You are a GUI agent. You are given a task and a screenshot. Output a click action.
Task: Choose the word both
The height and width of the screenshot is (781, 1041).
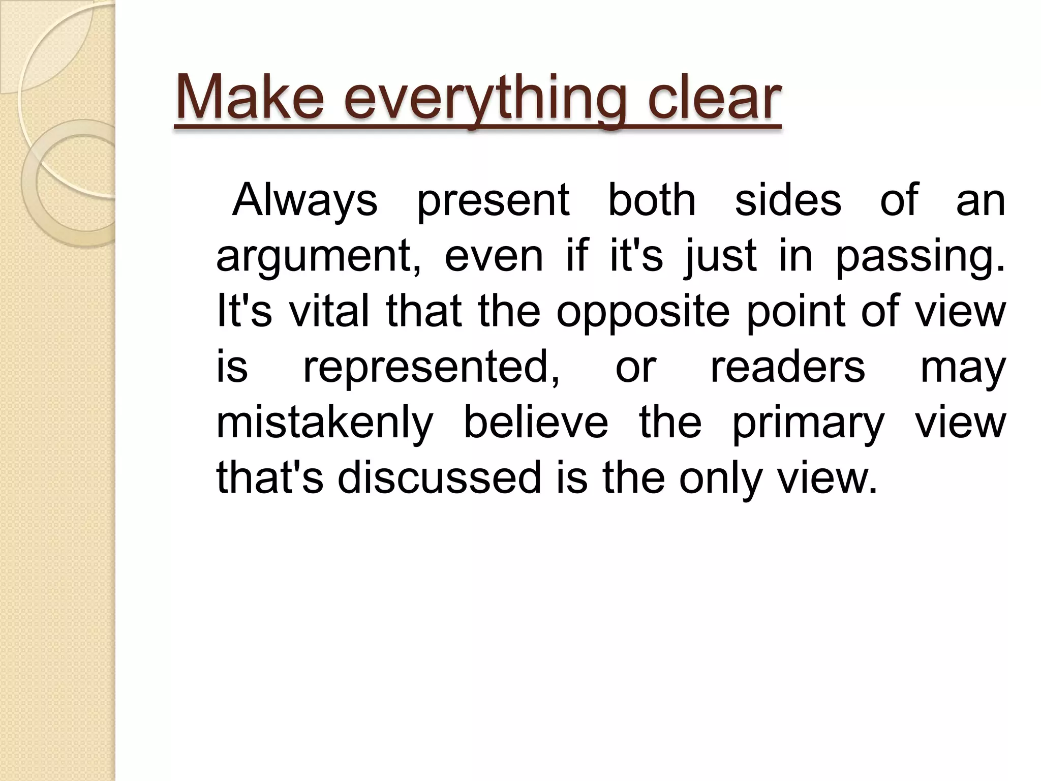click(x=652, y=200)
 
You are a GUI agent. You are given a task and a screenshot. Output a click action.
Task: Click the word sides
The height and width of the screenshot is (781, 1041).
click(x=788, y=200)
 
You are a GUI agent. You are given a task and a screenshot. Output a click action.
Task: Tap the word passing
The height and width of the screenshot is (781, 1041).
click(x=920, y=257)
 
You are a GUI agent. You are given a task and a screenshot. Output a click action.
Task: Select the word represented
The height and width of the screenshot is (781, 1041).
click(x=432, y=368)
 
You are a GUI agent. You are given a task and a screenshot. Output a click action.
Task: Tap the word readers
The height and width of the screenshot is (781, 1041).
click(x=787, y=367)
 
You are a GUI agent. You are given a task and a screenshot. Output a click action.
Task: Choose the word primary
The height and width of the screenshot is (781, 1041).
click(x=808, y=424)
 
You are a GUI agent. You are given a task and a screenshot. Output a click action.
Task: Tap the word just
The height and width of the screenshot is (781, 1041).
click(x=721, y=257)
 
